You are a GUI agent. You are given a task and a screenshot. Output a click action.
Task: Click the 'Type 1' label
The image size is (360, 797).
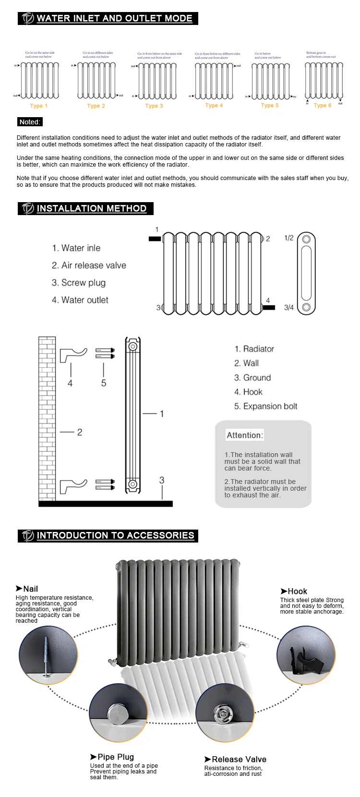[x=38, y=106]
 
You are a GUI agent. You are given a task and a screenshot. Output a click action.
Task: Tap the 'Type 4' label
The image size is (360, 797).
[x=214, y=106]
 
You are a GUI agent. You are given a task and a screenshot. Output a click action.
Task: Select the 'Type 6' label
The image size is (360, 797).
[x=322, y=106]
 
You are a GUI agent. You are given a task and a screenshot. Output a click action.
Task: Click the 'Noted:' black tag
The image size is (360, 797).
[x=30, y=122]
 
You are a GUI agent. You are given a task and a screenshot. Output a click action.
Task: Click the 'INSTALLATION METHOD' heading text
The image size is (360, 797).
[x=91, y=208]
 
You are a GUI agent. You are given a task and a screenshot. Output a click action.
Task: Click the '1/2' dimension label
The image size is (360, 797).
[x=288, y=238]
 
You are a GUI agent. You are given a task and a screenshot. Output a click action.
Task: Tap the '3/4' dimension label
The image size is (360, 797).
[x=288, y=308]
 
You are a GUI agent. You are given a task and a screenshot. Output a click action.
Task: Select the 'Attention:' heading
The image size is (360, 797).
[x=245, y=435]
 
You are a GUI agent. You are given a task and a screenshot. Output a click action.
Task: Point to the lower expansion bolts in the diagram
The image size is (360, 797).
[x=105, y=484]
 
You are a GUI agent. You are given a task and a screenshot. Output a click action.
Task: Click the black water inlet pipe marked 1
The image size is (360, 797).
[x=155, y=238]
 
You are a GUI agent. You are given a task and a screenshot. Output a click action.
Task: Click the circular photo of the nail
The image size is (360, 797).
[x=48, y=655]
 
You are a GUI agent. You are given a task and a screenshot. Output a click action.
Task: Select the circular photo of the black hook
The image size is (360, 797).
[x=306, y=655]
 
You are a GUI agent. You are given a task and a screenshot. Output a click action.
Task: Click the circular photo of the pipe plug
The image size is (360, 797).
[x=118, y=712]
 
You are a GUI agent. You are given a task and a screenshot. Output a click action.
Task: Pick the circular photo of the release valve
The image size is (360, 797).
[x=224, y=712]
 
